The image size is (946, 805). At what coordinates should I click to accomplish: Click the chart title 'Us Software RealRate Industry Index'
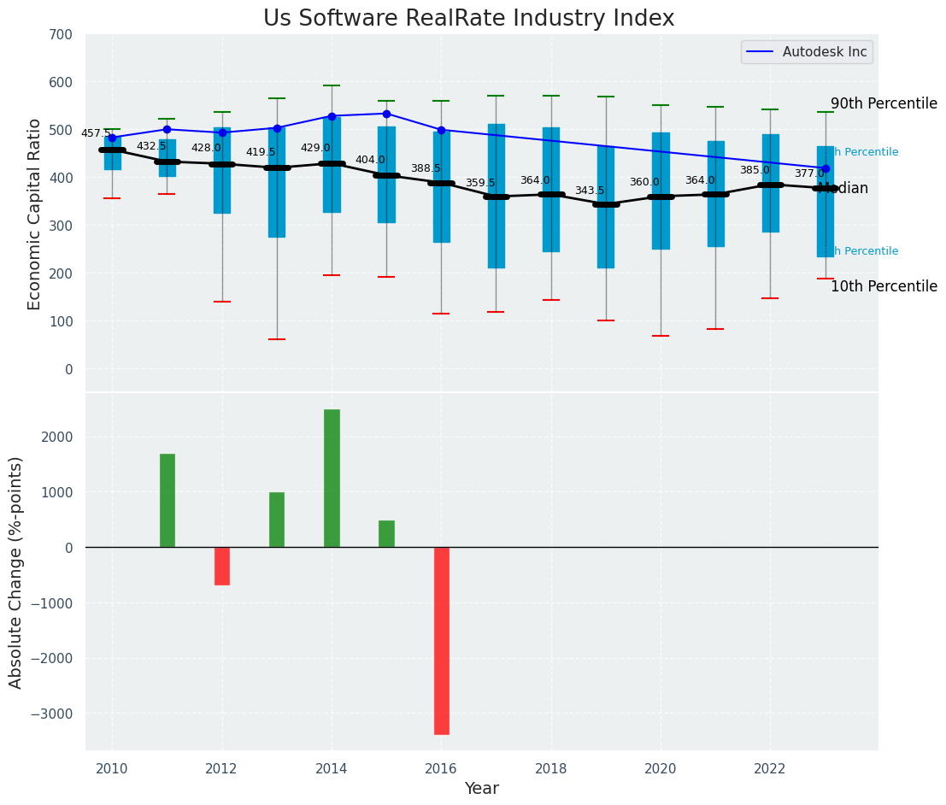click(468, 19)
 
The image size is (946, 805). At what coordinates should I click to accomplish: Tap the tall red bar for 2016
click(441, 641)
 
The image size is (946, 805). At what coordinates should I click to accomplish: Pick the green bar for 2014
click(332, 479)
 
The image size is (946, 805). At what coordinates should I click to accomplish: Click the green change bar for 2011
click(167, 501)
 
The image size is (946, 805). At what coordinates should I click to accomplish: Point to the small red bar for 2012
click(222, 566)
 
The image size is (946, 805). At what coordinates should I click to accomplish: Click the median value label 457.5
click(97, 134)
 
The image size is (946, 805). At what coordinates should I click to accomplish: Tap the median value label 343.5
click(590, 191)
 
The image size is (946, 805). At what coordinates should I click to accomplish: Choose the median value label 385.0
click(755, 171)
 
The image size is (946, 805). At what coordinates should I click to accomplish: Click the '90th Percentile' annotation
click(884, 103)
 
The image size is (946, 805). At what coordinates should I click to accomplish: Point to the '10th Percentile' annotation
click(884, 287)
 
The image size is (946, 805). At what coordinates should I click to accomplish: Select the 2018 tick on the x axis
click(551, 768)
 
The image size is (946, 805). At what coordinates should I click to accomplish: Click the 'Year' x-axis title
click(482, 789)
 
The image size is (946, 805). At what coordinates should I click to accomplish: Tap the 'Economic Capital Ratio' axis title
click(35, 214)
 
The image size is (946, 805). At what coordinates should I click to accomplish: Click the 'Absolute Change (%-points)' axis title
click(16, 572)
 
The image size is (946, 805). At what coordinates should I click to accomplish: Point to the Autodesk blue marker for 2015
click(386, 114)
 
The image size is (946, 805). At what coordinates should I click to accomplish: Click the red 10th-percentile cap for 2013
click(277, 339)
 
